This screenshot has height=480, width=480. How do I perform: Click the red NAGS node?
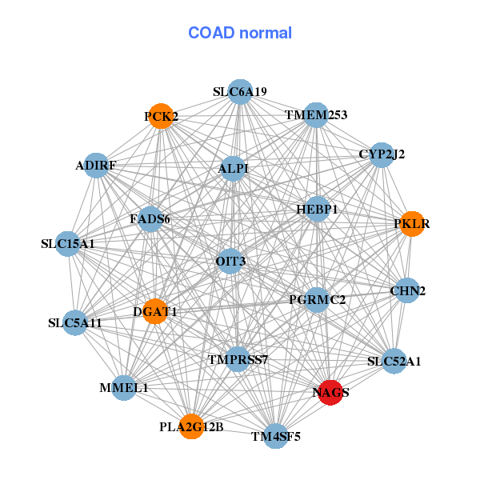[x=330, y=392]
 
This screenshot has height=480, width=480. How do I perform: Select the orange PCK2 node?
[x=161, y=117]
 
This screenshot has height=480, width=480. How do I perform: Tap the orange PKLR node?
[x=411, y=224]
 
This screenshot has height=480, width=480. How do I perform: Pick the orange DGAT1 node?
[x=155, y=311]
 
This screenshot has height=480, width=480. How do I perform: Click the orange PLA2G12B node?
[x=190, y=426]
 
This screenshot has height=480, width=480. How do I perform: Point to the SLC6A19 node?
[x=240, y=92]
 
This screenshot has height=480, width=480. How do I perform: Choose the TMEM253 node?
[x=316, y=115]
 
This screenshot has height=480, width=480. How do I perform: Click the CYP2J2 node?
[x=382, y=154]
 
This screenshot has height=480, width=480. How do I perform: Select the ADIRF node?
[x=96, y=166]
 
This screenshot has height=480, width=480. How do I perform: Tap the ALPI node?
[x=233, y=168]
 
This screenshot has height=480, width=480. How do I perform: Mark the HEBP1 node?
[x=318, y=209]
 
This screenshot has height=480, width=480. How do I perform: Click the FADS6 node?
[x=150, y=218]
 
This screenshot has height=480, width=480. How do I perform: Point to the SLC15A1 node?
[x=68, y=243]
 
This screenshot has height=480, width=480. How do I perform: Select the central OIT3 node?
[x=230, y=261]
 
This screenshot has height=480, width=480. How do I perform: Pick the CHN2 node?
[x=407, y=291]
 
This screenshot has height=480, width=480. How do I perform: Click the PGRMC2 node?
[x=317, y=300]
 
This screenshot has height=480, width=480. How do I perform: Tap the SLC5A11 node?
[x=74, y=323]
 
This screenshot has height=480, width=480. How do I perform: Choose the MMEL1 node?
[x=124, y=387]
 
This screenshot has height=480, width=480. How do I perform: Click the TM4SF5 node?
[x=275, y=436]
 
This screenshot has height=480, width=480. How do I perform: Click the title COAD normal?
[x=240, y=34]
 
